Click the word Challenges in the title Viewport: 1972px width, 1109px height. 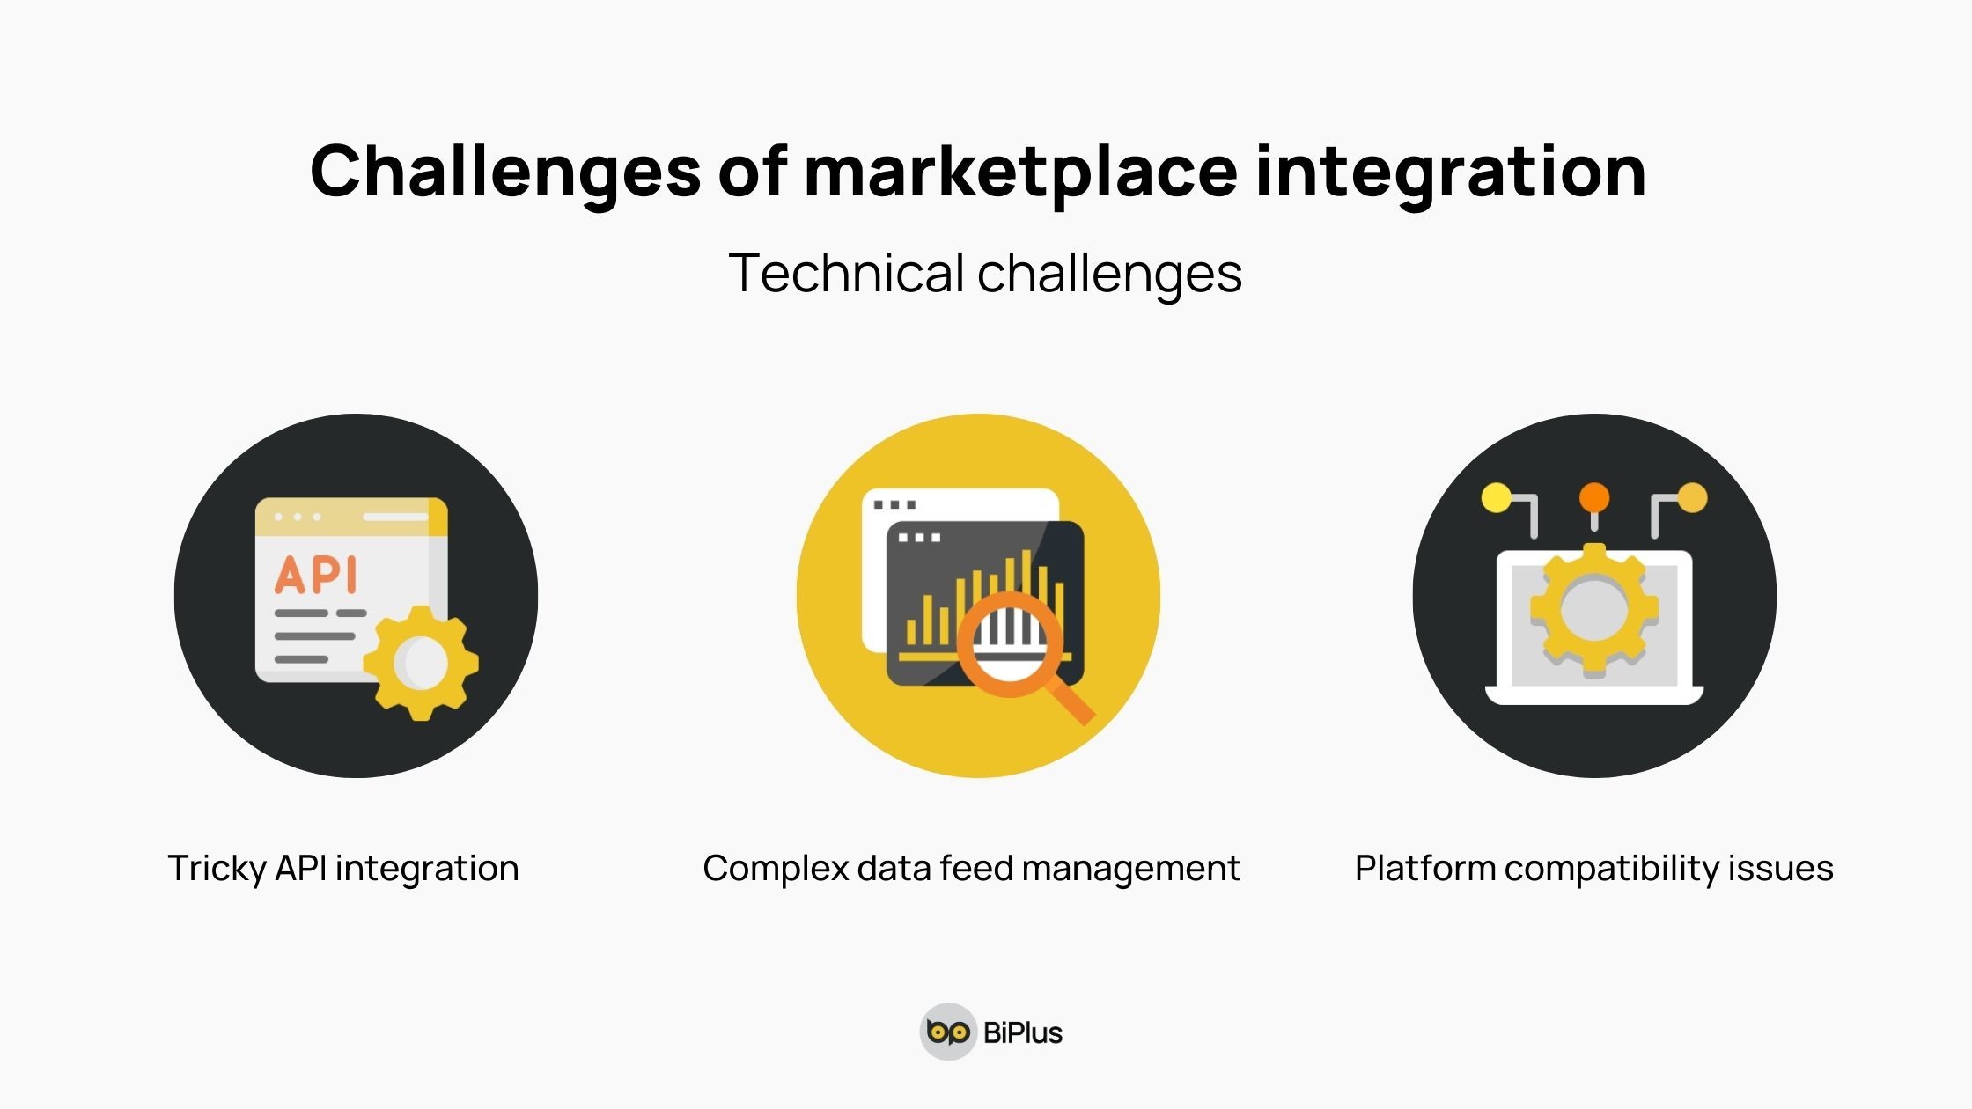[x=505, y=171]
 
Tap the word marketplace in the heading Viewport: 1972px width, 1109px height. [x=1020, y=171]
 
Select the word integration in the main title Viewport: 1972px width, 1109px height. [x=1450, y=171]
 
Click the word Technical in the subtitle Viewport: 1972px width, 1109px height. [x=846, y=273]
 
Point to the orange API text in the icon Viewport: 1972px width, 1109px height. [x=316, y=575]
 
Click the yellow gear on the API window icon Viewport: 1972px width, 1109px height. [x=422, y=663]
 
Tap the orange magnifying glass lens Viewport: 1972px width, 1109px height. [x=1010, y=643]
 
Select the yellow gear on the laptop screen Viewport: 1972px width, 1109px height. [x=1593, y=609]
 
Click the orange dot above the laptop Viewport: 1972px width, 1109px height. [x=1593, y=497]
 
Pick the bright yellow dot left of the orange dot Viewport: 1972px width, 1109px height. [x=1496, y=497]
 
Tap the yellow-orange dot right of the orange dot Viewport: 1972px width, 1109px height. [x=1692, y=497]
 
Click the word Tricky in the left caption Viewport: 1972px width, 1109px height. [x=217, y=868]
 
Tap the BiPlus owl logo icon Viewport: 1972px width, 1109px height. [x=948, y=1032]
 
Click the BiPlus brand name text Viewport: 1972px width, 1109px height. [x=1022, y=1032]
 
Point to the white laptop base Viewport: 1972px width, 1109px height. [x=1593, y=695]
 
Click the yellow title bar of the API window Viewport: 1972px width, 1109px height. [x=350, y=517]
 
